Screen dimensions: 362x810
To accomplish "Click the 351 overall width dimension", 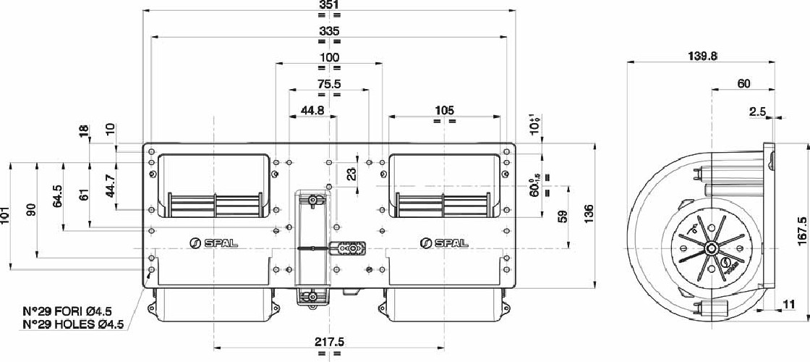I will pyautogui.click(x=328, y=6).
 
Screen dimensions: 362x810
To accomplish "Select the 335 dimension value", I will pyautogui.click(x=328, y=31).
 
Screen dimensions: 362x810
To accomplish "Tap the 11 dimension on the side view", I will pyautogui.click(x=788, y=305).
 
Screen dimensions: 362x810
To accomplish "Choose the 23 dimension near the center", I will pyautogui.click(x=351, y=174).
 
